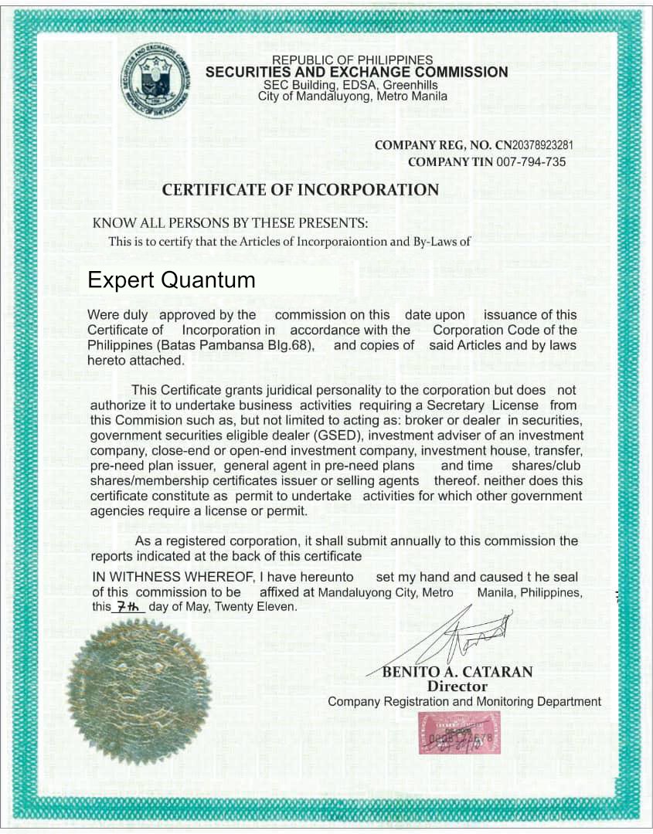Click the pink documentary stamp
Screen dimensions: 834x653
pyautogui.click(x=459, y=733)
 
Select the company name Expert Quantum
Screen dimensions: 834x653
pyautogui.click(x=171, y=280)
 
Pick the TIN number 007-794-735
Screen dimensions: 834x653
pyautogui.click(x=532, y=162)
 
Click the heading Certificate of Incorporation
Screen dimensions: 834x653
pyautogui.click(x=300, y=190)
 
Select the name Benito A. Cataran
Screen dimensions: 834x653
pyautogui.click(x=457, y=672)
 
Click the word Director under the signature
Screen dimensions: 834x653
pyautogui.click(x=457, y=686)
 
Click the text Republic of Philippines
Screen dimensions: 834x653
pyautogui.click(x=352, y=60)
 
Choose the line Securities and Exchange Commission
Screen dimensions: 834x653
pyautogui.click(x=356, y=73)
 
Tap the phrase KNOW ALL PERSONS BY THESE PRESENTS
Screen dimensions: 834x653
pyautogui.click(x=230, y=223)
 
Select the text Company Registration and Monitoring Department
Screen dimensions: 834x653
pyautogui.click(x=464, y=701)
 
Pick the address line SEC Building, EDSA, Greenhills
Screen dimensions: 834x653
pyautogui.click(x=350, y=85)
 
